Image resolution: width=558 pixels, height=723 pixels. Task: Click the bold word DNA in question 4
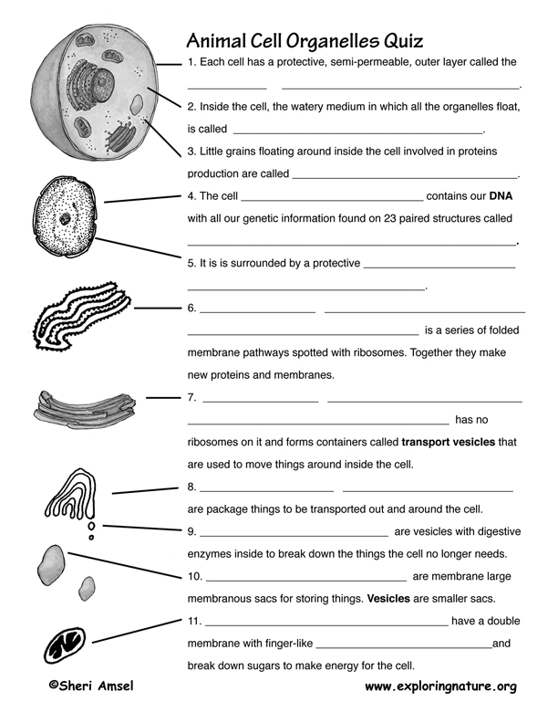[502, 195]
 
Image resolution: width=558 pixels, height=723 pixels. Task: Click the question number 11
[194, 621]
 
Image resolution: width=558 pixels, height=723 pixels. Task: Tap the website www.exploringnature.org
[440, 686]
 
